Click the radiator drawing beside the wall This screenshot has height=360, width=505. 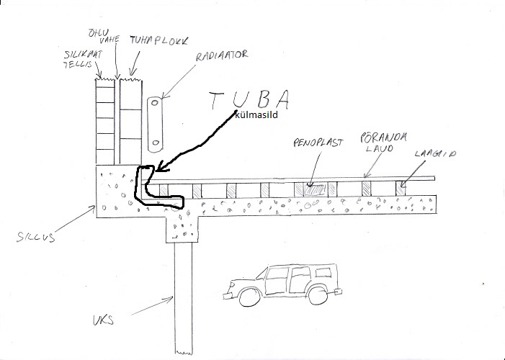[154, 124]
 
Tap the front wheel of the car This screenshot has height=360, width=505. [246, 296]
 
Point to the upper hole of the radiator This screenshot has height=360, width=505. [154, 107]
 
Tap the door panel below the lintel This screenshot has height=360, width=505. [184, 295]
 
